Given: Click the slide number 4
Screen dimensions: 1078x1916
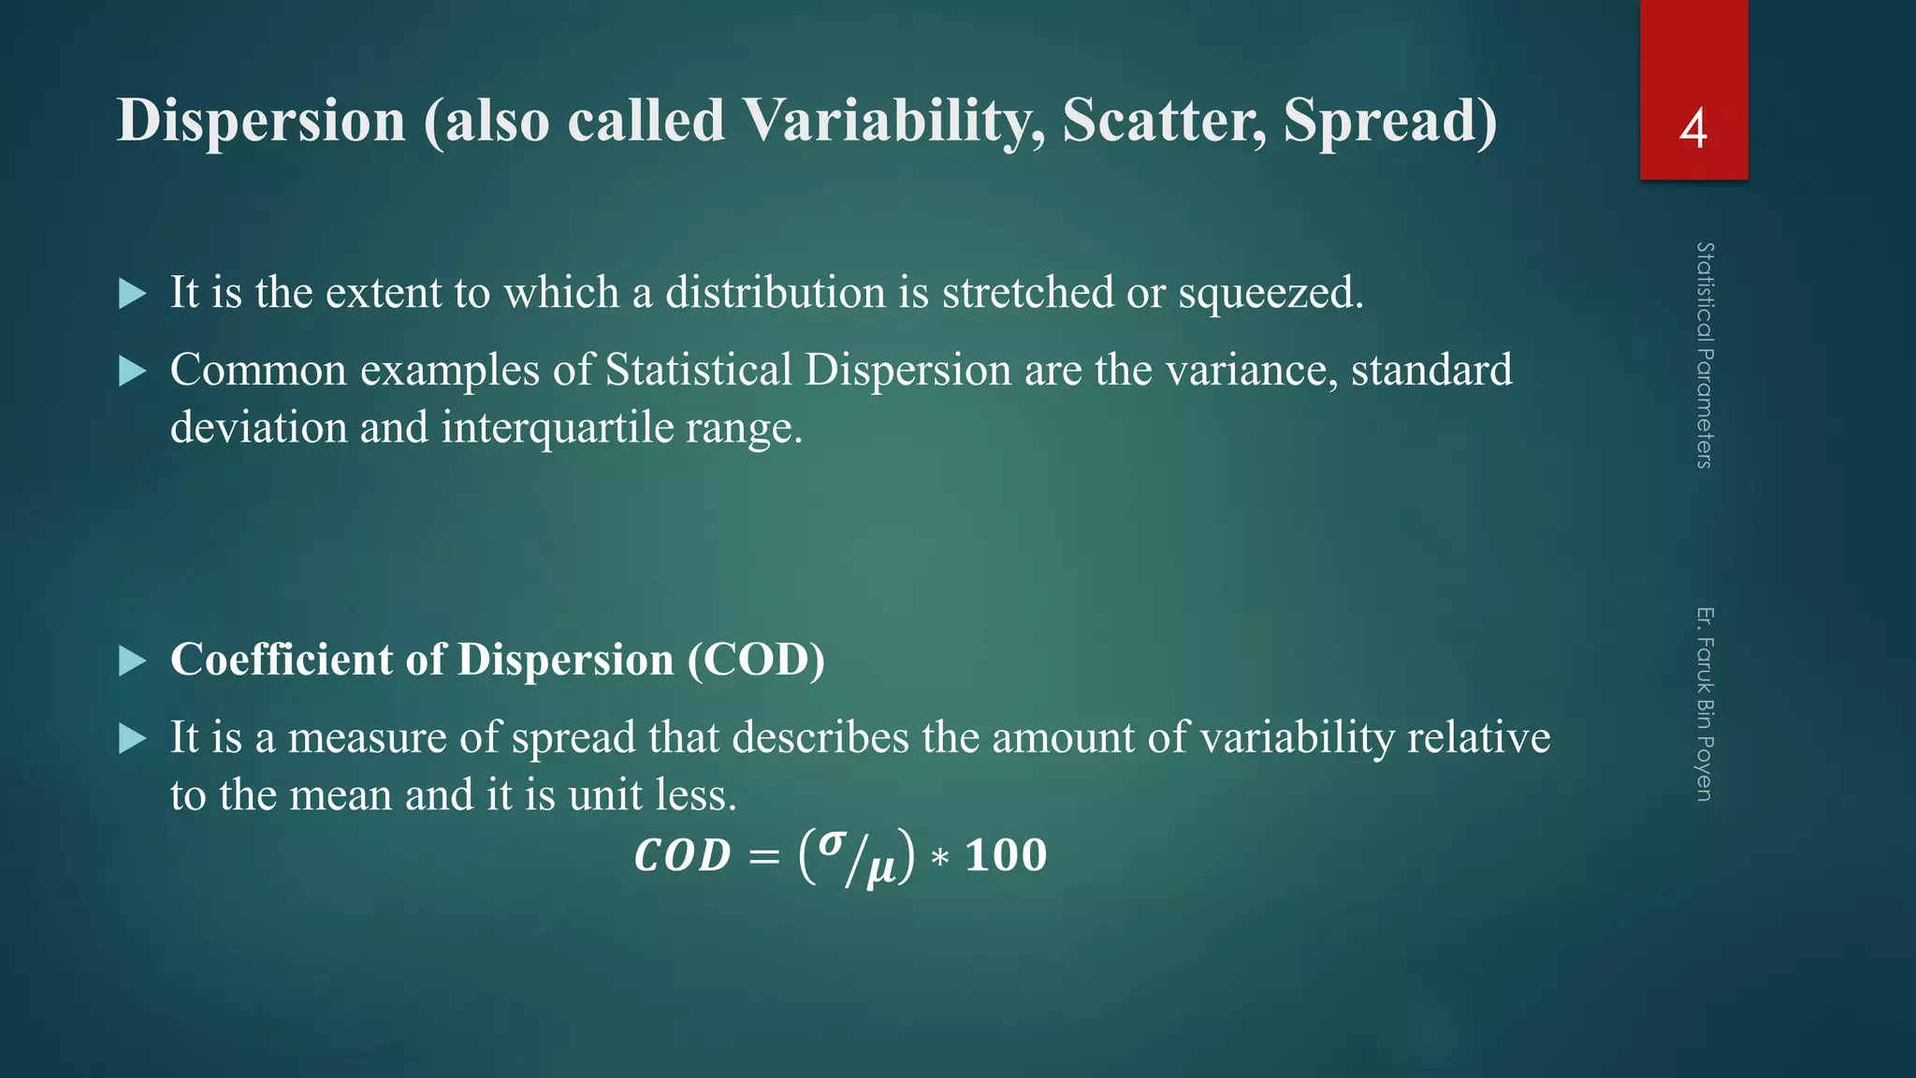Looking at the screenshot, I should [1692, 128].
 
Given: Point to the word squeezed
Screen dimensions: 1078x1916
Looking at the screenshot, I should [1270, 293].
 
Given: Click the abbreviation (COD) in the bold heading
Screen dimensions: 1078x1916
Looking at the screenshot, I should [756, 660].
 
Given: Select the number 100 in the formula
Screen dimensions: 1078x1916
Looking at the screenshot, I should [1006, 855].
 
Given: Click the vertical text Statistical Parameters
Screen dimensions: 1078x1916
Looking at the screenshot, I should [1705, 355].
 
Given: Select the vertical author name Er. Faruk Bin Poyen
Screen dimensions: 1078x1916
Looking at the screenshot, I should [1705, 704].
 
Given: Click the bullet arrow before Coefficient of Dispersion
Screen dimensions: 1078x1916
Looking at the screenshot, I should [133, 662].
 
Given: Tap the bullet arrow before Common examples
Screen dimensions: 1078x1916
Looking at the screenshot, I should [133, 371].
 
